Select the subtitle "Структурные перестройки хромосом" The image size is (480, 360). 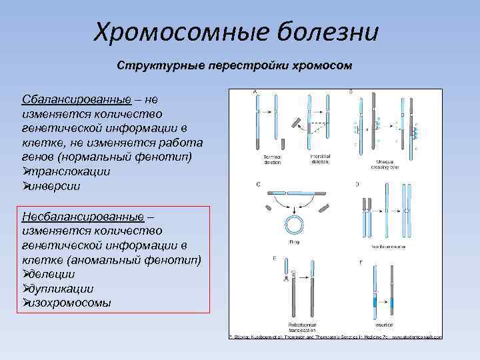point(234,67)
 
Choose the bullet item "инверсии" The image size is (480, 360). point(56,186)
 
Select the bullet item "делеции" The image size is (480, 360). point(53,274)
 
